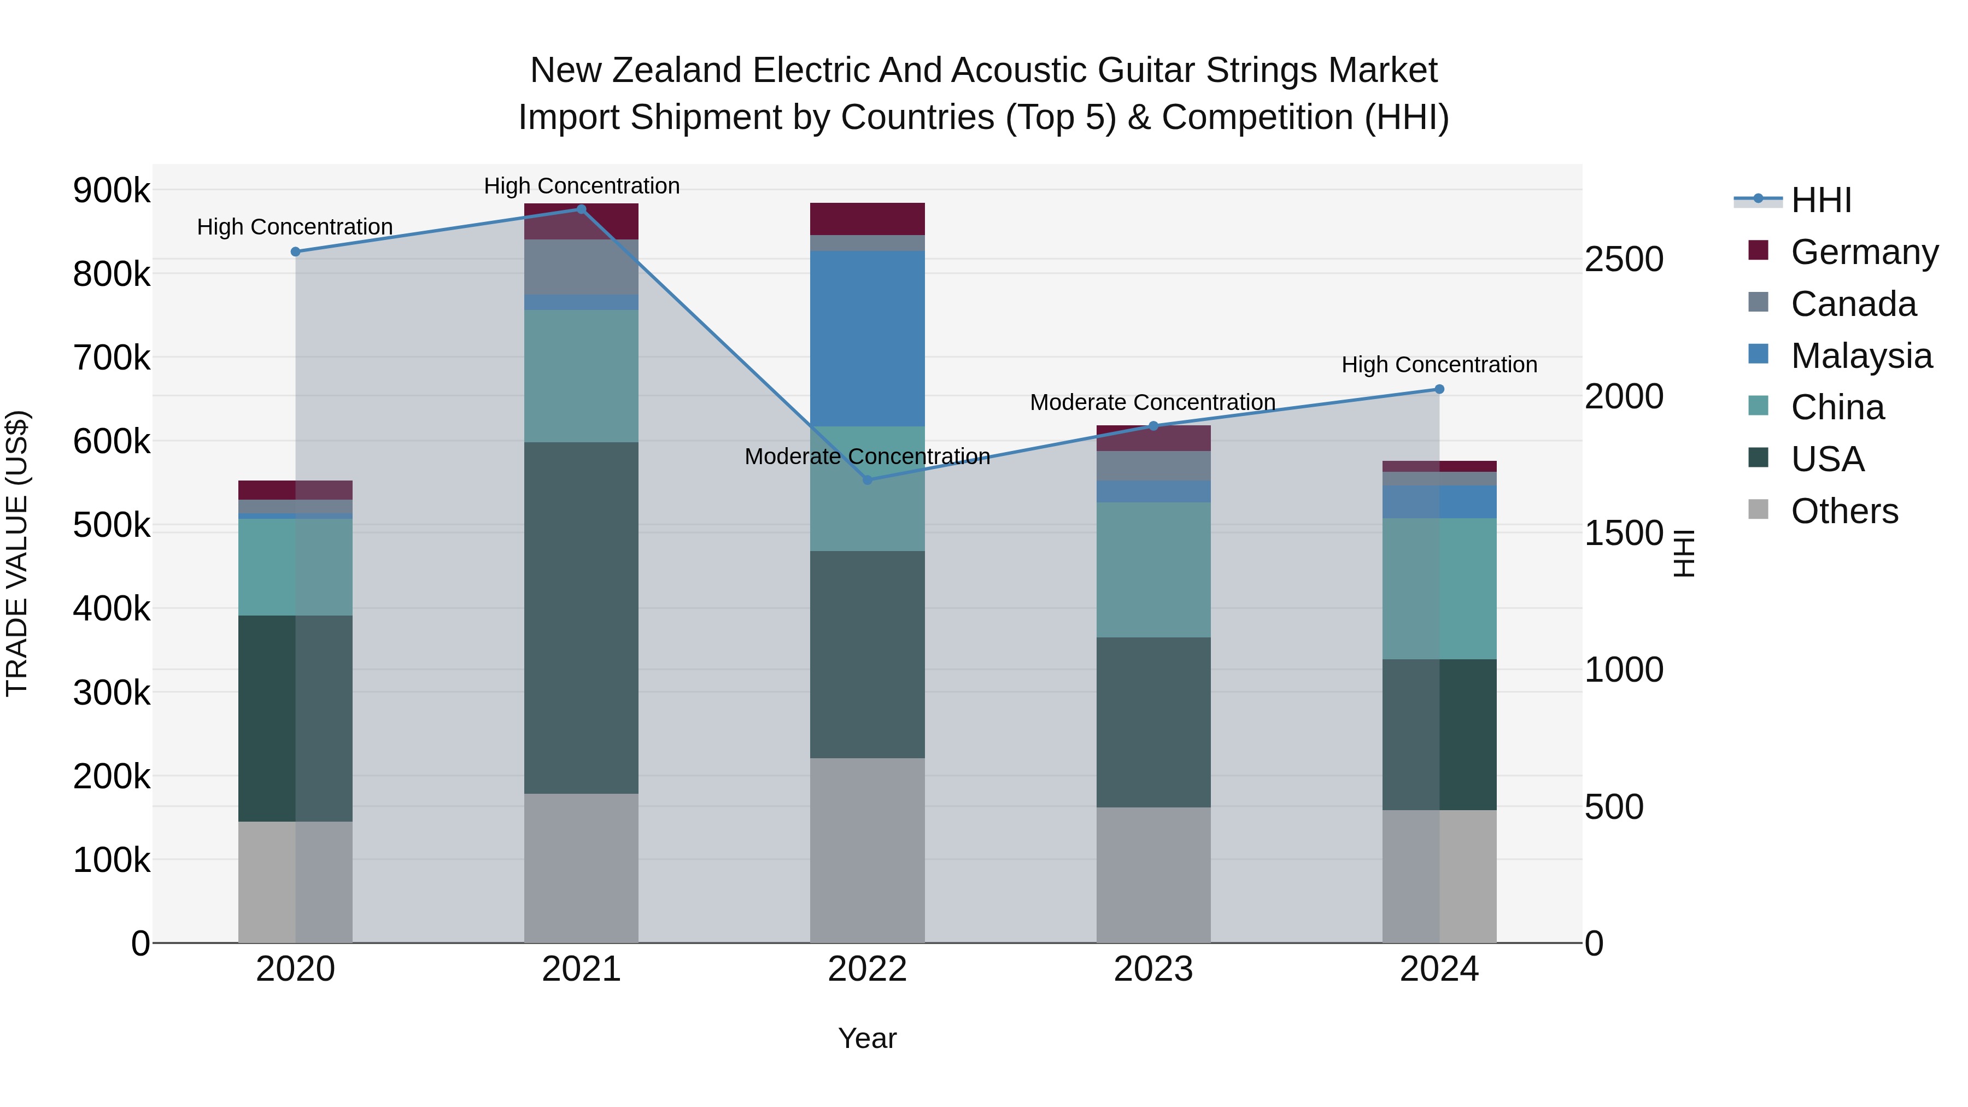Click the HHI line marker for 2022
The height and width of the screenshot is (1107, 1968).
click(867, 480)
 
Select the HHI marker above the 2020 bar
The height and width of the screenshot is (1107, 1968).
click(296, 251)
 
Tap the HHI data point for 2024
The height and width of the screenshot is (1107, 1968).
click(1439, 389)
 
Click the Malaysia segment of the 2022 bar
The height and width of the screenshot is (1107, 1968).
click(867, 338)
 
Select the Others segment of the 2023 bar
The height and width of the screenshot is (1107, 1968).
click(1153, 875)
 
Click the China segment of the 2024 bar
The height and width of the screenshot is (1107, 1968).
click(1439, 588)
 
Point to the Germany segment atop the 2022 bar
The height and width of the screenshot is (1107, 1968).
click(867, 219)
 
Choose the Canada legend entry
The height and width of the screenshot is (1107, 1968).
click(1853, 304)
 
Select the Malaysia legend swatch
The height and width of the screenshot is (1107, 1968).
click(1758, 354)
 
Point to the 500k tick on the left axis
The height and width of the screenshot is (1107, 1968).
click(112, 525)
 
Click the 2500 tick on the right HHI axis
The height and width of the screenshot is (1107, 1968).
click(1624, 259)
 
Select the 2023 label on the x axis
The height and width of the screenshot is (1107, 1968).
click(1153, 969)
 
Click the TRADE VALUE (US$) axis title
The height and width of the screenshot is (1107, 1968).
click(17, 553)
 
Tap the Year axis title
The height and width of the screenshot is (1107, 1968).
click(867, 1038)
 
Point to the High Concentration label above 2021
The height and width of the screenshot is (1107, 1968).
click(582, 186)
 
